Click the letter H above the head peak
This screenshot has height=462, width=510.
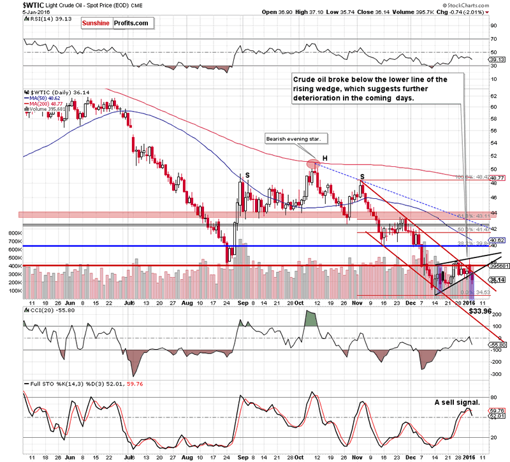pos(324,156)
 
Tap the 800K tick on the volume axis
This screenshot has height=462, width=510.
pos(13,233)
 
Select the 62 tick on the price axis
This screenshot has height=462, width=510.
pos(493,96)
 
